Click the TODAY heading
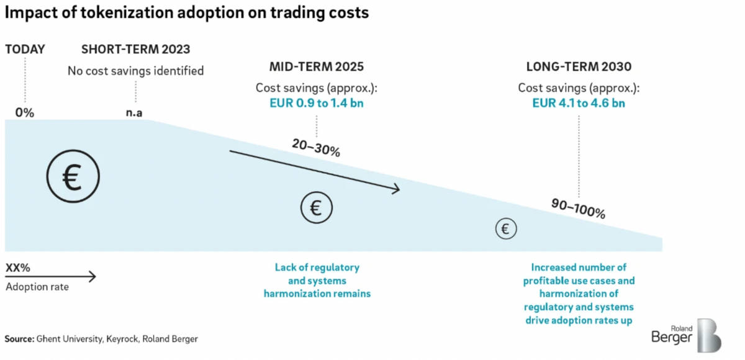coord(25,50)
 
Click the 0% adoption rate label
coord(25,113)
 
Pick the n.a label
coord(135,113)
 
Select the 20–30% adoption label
coord(316,147)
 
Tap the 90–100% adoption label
coord(578,209)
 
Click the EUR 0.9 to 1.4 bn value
coord(316,103)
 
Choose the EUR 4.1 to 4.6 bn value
coord(579,103)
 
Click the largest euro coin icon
coord(73,179)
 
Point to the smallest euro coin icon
coord(505,229)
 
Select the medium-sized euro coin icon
coord(316,207)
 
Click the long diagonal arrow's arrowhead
coord(395,190)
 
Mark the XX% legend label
coord(18,268)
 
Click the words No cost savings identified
coord(135,71)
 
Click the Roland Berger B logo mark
coord(708,336)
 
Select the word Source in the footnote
coord(19,339)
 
